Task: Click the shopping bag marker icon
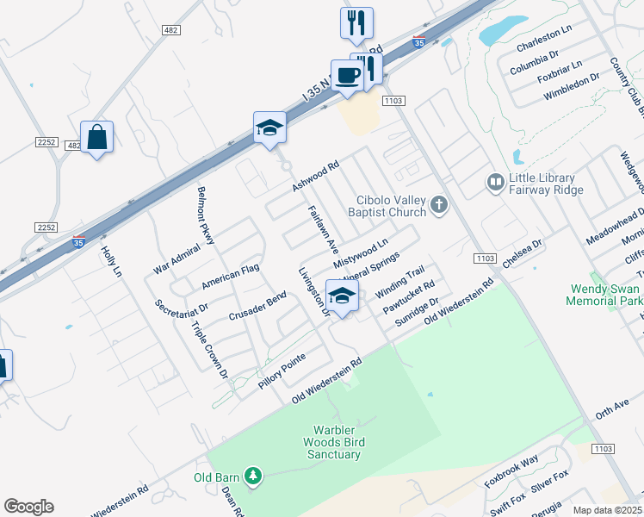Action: click(96, 138)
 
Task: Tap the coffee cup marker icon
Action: click(347, 75)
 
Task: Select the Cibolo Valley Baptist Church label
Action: click(387, 206)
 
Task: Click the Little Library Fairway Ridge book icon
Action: click(495, 182)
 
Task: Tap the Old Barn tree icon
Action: click(252, 476)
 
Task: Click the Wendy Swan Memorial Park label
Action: click(604, 296)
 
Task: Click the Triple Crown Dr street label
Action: click(210, 351)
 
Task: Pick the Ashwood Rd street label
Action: click(316, 176)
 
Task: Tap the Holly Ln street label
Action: click(113, 261)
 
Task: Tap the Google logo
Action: click(28, 507)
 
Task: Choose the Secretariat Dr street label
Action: click(183, 308)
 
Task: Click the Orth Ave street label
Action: click(612, 410)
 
